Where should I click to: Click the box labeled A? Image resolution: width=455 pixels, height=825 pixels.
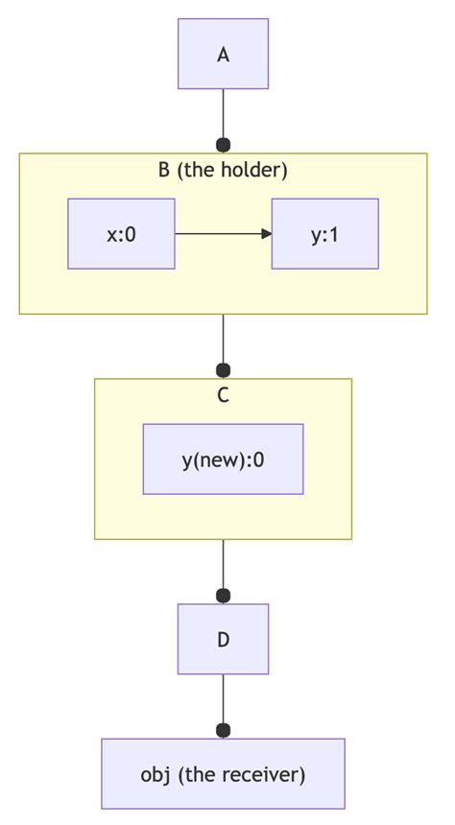point(224,54)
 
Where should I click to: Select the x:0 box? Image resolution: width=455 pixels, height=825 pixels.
point(121,234)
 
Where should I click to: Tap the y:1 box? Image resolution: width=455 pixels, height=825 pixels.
point(324,234)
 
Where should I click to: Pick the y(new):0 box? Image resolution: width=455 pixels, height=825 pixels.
point(224,459)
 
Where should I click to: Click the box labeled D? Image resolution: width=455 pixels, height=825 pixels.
point(224,639)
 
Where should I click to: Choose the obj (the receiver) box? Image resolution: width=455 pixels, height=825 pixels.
point(224,773)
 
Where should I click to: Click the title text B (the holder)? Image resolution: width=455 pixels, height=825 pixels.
point(224,171)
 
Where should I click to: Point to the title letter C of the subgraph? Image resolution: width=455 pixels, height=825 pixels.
point(224,395)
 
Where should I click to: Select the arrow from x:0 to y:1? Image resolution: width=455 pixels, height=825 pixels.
point(224,234)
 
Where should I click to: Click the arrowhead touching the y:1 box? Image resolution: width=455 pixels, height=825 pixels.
point(267,234)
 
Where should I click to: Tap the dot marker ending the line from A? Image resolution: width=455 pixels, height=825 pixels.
point(224,145)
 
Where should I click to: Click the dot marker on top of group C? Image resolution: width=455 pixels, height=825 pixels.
point(224,370)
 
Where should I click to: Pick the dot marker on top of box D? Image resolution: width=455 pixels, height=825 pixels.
point(224,596)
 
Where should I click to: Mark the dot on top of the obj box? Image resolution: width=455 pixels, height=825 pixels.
point(224,730)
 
